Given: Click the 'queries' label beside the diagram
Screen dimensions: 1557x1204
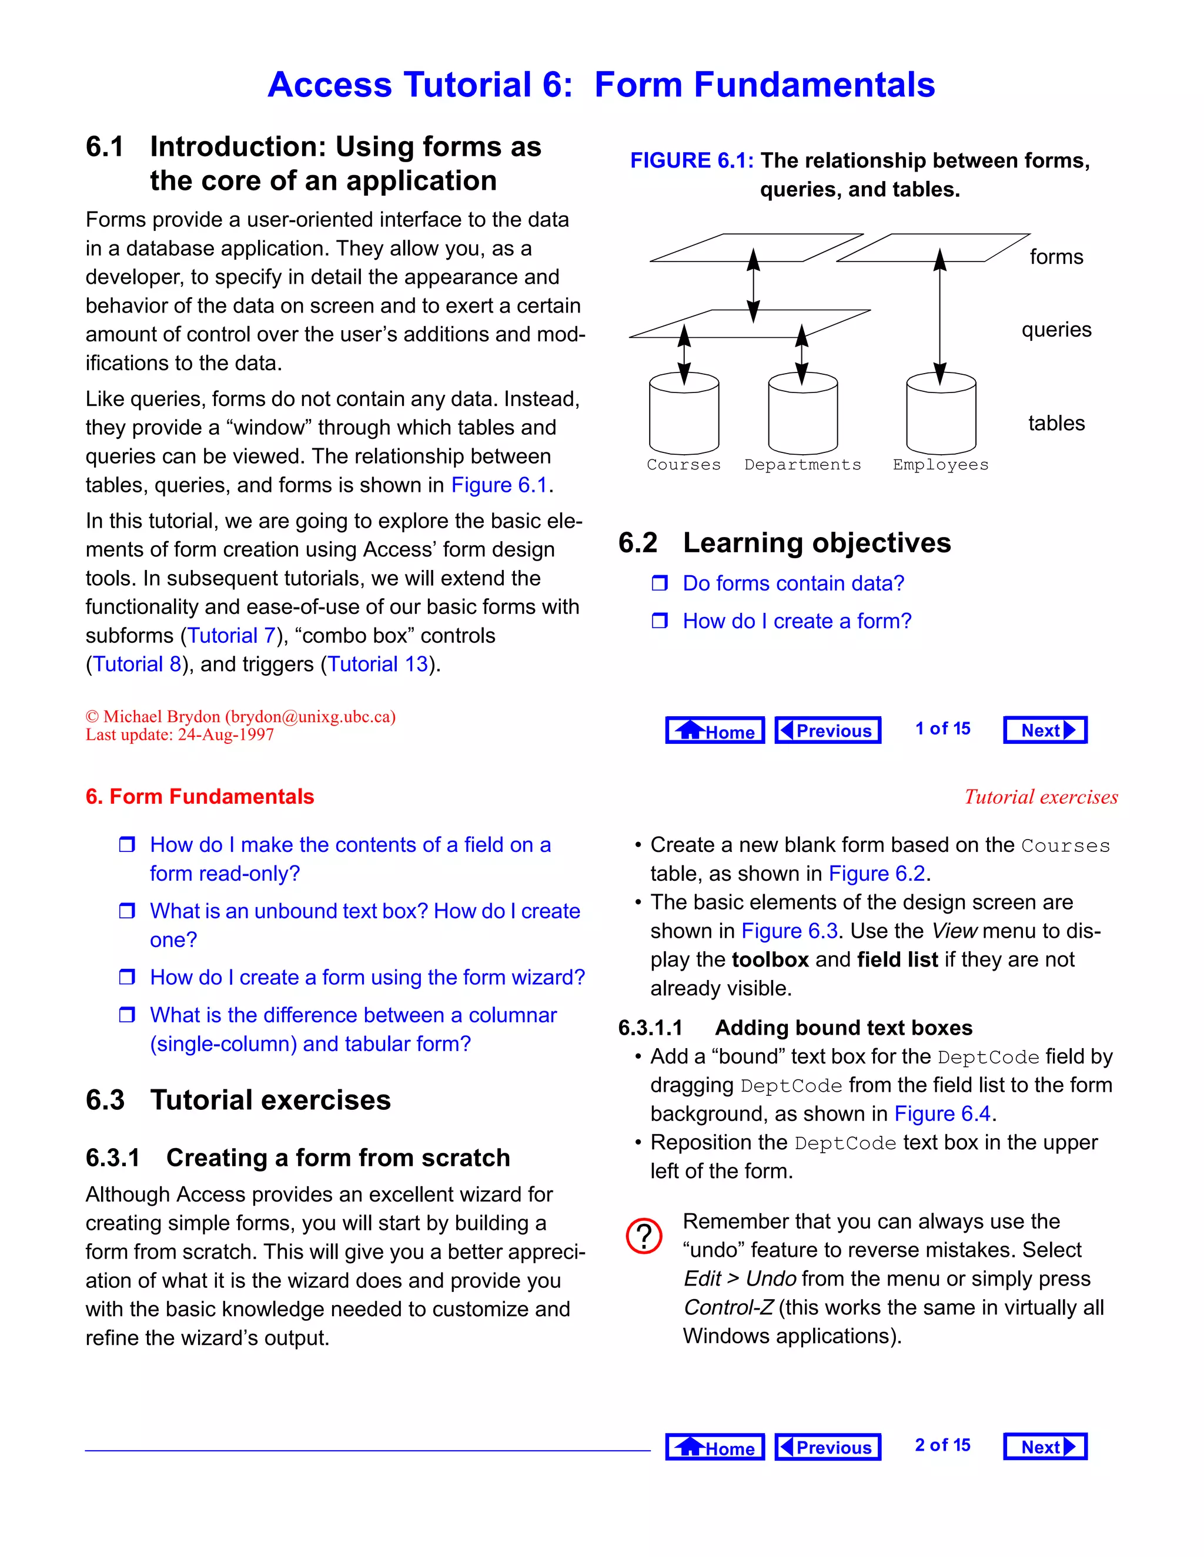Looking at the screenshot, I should [1056, 330].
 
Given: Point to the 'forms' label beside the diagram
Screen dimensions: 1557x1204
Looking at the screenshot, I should [1056, 257].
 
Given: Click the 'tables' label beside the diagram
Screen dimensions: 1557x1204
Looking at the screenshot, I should [1056, 424].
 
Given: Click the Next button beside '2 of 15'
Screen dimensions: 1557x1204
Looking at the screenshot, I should [1045, 1447].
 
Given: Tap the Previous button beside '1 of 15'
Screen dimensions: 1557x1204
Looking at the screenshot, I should [827, 730].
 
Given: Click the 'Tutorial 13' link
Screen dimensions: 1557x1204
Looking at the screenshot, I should [377, 665].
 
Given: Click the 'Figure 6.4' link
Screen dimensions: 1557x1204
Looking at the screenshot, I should [942, 1113].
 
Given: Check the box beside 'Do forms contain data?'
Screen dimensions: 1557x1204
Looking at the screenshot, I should [660, 584].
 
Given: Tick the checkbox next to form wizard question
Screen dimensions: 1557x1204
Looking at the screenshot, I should [127, 978].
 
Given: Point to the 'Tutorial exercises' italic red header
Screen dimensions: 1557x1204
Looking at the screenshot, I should [1041, 797].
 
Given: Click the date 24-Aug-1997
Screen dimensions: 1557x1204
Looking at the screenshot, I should [225, 735].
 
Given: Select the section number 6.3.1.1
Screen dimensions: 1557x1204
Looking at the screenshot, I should [650, 1028].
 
